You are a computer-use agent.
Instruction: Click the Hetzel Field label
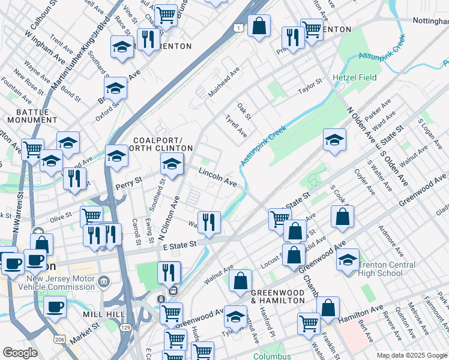(354, 78)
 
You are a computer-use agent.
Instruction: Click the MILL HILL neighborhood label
(105, 314)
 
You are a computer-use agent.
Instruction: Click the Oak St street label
(243, 110)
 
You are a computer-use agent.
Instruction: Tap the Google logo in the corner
(20, 353)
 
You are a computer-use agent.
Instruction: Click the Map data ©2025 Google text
(411, 355)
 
